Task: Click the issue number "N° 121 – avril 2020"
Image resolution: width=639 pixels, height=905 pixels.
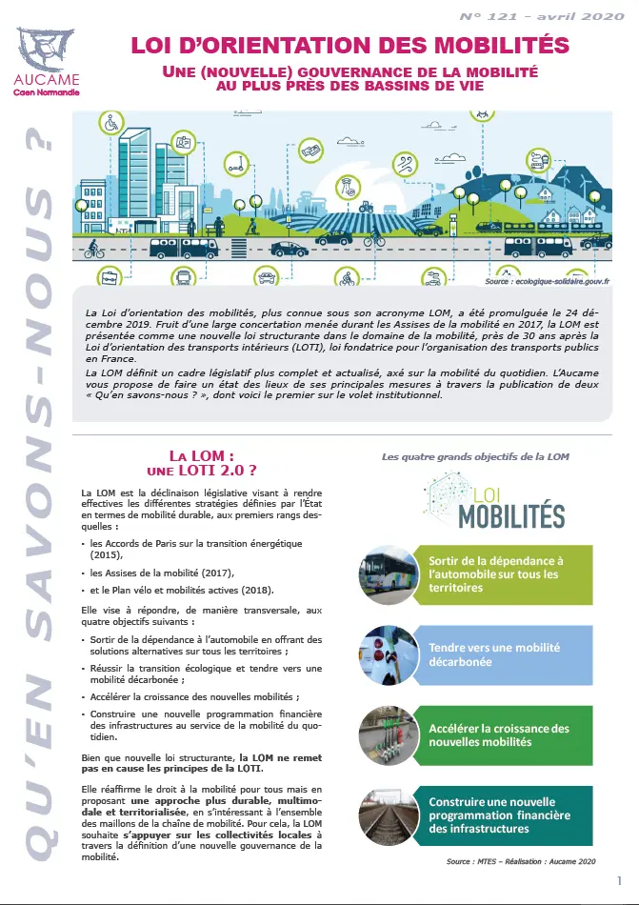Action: click(x=537, y=16)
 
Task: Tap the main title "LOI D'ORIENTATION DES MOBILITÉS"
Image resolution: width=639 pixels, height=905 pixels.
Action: click(x=349, y=44)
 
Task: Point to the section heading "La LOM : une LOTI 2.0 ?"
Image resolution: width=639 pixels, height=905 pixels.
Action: click(x=208, y=463)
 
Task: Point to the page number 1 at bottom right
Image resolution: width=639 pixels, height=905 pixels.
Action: click(x=620, y=880)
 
